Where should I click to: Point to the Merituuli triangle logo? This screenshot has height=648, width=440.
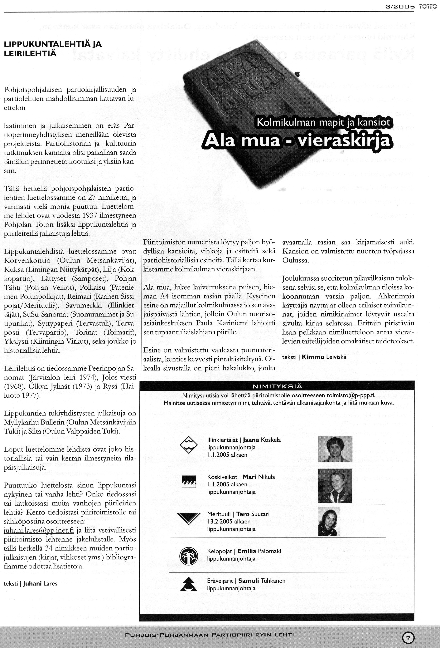(x=188, y=518)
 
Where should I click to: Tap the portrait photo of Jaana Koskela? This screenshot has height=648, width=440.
(x=335, y=449)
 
